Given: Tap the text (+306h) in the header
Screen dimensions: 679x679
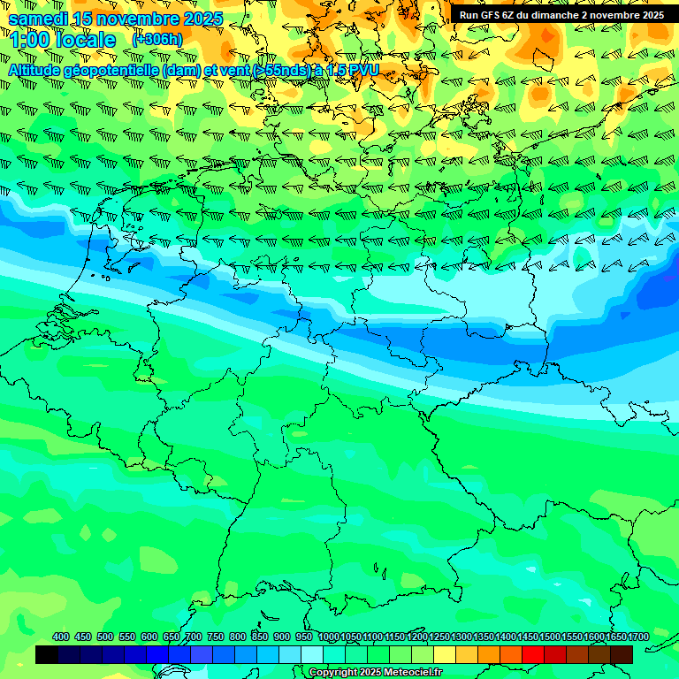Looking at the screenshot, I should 157,40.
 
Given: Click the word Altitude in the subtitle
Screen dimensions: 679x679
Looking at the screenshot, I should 40,70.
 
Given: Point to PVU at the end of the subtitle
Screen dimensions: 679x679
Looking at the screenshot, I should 362,70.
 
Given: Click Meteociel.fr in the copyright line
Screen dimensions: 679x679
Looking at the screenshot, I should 413,672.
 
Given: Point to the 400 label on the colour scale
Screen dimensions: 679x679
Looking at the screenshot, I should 61,637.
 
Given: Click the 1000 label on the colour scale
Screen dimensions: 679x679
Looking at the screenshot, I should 328,637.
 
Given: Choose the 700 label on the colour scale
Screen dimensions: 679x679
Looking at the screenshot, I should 194,637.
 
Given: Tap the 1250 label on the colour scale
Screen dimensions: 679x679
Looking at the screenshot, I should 439,637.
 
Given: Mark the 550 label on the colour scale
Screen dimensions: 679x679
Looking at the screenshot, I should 127,637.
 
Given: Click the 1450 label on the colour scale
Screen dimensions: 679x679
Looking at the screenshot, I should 528,637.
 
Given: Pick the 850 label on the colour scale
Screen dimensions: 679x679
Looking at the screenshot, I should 260,637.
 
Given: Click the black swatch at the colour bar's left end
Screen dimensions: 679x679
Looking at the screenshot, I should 47,655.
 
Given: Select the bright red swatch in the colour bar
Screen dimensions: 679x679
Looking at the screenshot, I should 533,655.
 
